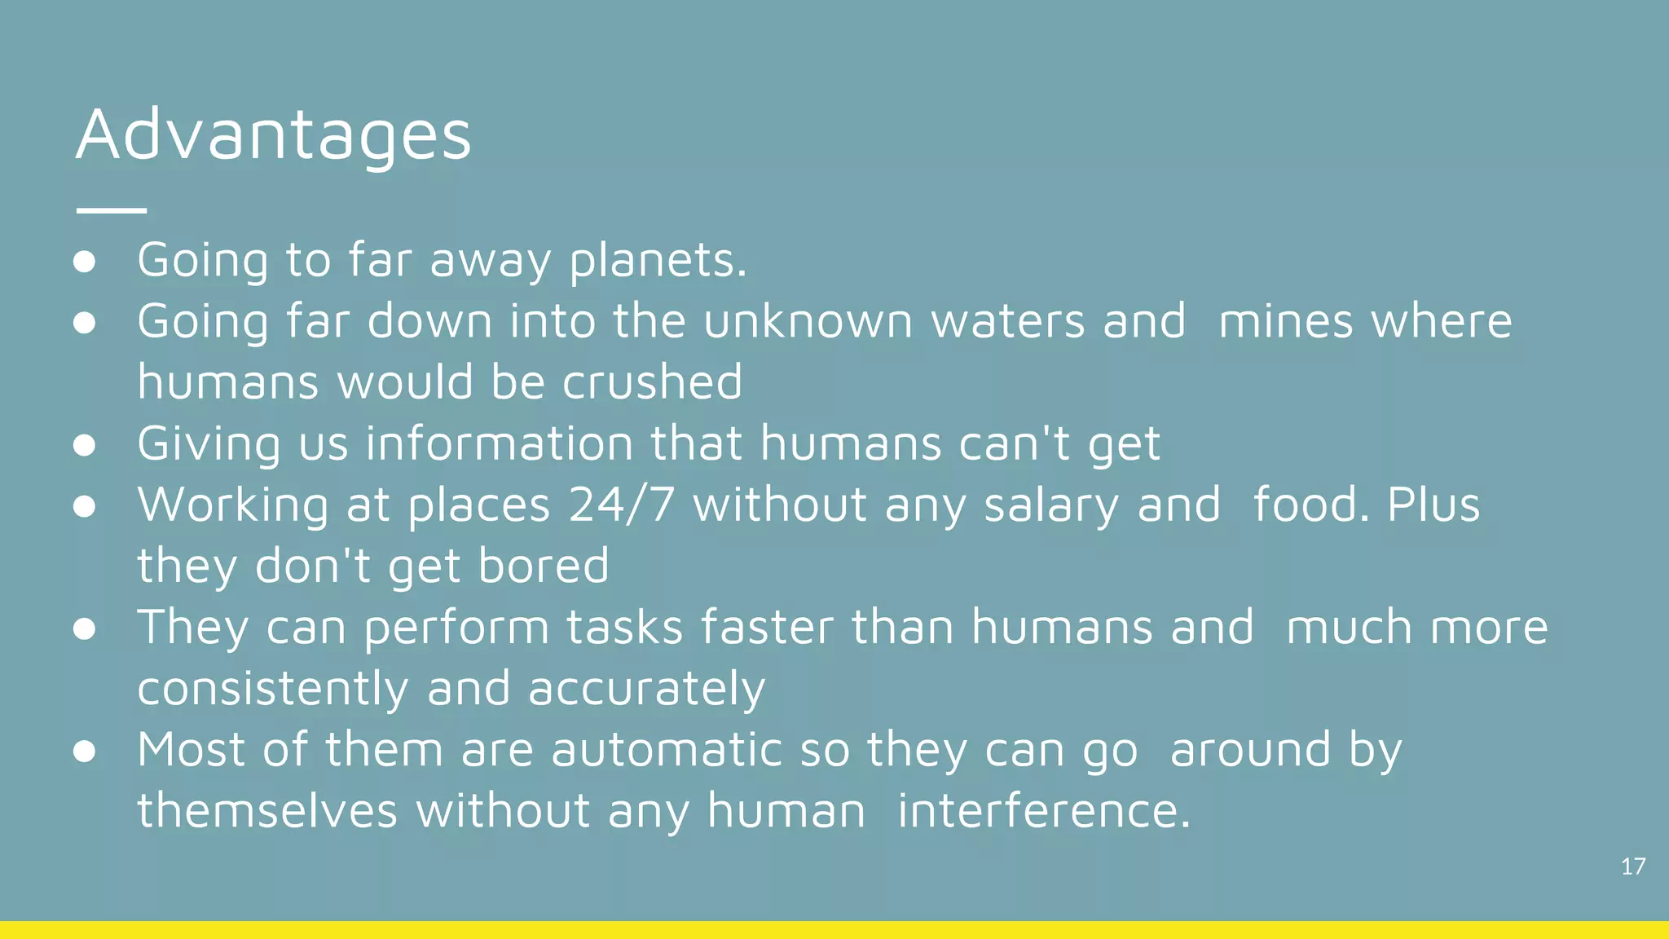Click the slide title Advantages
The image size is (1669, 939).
(x=274, y=134)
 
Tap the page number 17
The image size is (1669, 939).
(x=1633, y=866)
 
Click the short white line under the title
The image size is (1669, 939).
(x=112, y=210)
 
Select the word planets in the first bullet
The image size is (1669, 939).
(x=657, y=261)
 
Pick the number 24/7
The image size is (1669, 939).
(x=621, y=505)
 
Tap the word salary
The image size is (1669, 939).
(x=1051, y=505)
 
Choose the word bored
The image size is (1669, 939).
(x=544, y=566)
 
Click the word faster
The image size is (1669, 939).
(x=767, y=628)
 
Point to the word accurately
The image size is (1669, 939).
(x=646, y=689)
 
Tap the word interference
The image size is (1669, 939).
(x=1043, y=811)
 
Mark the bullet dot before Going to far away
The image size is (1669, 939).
(x=85, y=262)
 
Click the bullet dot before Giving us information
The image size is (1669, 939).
(x=85, y=445)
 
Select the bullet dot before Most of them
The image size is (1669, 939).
(x=85, y=752)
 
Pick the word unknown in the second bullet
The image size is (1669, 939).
(x=808, y=321)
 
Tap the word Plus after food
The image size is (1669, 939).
(x=1433, y=505)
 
